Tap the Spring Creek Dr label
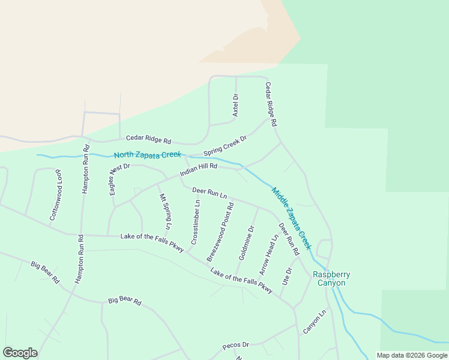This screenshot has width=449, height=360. (x=225, y=145)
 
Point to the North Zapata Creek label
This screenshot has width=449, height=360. (x=148, y=155)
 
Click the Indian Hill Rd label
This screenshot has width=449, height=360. (x=197, y=172)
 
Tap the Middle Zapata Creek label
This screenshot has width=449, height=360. (x=292, y=218)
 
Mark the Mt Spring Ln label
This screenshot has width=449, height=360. (x=164, y=211)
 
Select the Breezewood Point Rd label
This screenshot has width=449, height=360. (x=220, y=232)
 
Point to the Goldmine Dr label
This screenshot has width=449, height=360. (x=247, y=242)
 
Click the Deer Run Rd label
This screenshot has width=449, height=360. (x=288, y=239)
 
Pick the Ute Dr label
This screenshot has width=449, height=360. (x=286, y=278)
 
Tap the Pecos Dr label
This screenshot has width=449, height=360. (x=235, y=345)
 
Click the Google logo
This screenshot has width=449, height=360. (x=20, y=353)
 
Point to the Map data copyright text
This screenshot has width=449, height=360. (x=412, y=355)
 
